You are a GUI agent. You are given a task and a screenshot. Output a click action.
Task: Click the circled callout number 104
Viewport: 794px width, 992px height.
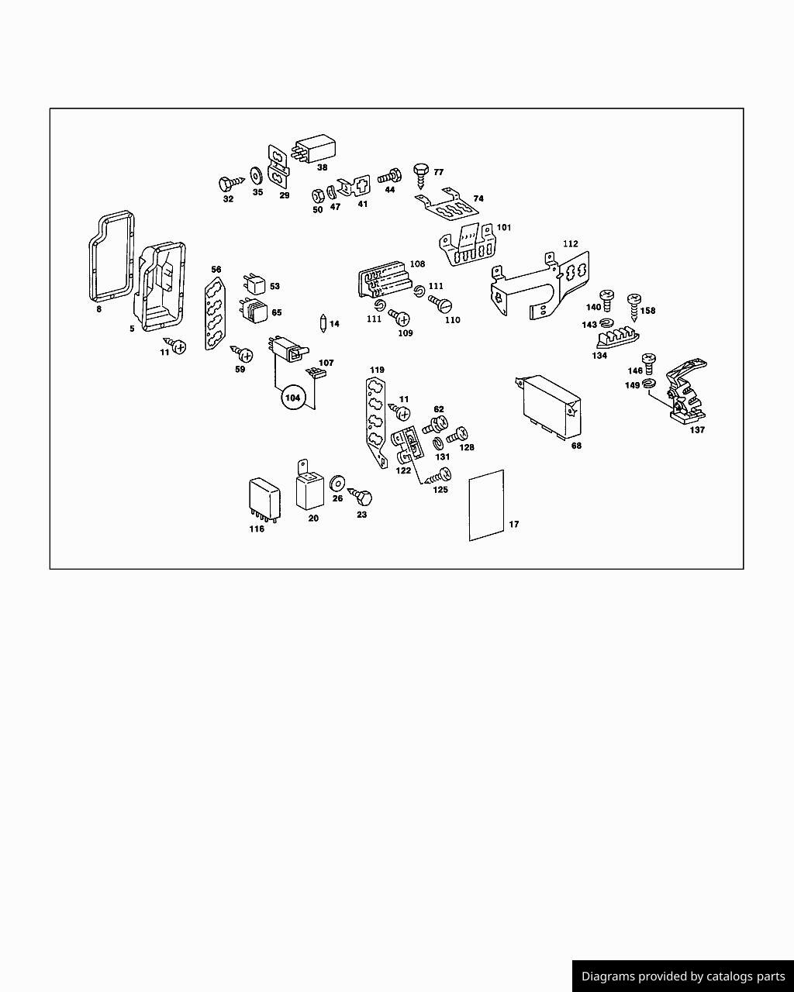pos(293,398)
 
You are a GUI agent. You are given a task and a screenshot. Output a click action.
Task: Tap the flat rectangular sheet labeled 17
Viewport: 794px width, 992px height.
pos(486,505)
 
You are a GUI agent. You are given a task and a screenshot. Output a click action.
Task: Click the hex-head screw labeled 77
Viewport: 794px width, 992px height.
pos(421,176)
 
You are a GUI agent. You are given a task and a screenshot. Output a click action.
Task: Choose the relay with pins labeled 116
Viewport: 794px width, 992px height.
pos(264,500)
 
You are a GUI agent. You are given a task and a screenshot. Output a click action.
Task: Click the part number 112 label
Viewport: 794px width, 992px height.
pos(570,243)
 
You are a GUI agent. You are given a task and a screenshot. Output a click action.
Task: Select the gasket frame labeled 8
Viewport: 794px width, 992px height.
pos(112,256)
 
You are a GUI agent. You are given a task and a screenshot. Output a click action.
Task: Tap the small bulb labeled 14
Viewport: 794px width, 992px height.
pos(323,323)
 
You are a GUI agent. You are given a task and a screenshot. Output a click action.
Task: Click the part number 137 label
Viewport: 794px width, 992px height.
pos(697,429)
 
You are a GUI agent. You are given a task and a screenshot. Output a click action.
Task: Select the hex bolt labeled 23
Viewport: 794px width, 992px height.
pos(361,497)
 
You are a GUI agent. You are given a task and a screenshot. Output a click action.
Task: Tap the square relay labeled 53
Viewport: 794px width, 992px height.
pos(254,284)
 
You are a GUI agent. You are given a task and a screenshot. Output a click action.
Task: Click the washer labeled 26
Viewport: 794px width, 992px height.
pos(337,483)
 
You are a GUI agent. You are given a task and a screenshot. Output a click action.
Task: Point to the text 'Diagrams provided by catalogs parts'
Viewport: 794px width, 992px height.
pos(683,976)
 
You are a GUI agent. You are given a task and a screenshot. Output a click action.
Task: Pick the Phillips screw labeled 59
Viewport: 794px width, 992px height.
pos(242,353)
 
